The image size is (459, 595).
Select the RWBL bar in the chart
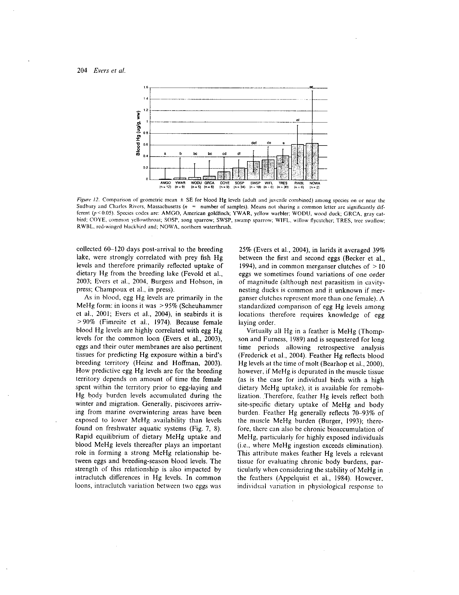pyautogui.click(x=297, y=162)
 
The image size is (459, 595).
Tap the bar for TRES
pyautogui.click(x=283, y=168)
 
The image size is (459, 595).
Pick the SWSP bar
pyautogui.click(x=253, y=170)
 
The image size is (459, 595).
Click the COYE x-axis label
pyautogui.click(x=225, y=183)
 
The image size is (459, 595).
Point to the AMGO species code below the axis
pyautogui.click(x=165, y=183)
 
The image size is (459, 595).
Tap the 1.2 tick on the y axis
pyautogui.click(x=146, y=110)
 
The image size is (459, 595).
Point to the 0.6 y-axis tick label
pyautogui.click(x=145, y=145)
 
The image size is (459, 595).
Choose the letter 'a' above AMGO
pyautogui.click(x=165, y=154)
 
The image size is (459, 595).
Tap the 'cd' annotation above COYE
pyautogui.click(x=224, y=154)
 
